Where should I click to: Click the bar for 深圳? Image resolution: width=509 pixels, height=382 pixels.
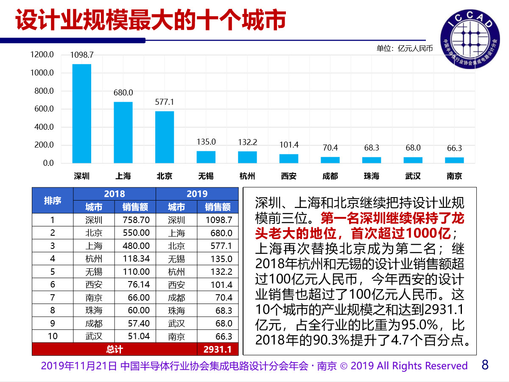coord(81,113)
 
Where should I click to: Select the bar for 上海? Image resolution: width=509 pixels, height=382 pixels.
coord(123,132)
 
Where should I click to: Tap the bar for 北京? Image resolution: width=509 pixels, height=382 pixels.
coord(165,137)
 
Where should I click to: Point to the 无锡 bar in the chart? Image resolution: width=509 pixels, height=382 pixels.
coord(206,157)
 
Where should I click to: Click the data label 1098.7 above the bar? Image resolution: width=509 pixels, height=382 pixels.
coord(81,55)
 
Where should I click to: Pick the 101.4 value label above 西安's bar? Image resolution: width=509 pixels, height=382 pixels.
coord(289,145)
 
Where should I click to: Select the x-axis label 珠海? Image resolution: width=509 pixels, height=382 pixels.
coord(372,176)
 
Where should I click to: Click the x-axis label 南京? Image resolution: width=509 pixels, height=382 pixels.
coord(454,176)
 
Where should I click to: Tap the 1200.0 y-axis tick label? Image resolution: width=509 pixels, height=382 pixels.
coord(42,55)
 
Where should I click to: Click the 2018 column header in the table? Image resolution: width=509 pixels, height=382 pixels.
coord(115,194)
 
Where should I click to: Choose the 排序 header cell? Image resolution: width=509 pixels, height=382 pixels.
coord(53,201)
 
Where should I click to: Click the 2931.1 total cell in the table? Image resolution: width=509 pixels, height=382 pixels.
coord(218,349)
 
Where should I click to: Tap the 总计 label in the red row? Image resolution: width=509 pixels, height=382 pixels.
coord(115,349)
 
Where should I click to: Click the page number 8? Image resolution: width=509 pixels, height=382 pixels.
coord(486,365)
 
